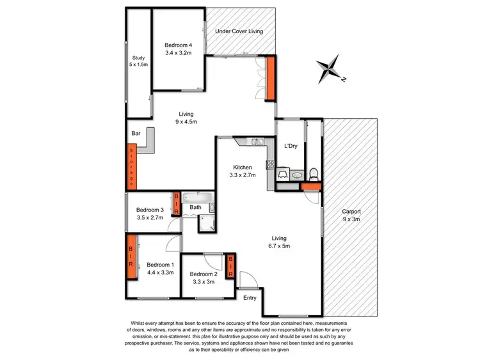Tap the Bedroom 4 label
(177, 45)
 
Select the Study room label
(138, 58)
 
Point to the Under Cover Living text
(239, 31)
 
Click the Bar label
(136, 134)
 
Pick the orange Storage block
(131, 166)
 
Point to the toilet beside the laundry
(312, 173)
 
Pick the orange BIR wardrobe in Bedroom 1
(131, 258)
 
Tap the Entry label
(250, 297)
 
